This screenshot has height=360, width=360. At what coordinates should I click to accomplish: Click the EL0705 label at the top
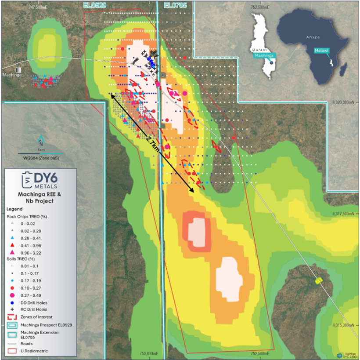pyautogui.click(x=175, y=5)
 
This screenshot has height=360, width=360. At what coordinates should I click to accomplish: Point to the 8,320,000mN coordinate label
pyautogui.click(x=342, y=102)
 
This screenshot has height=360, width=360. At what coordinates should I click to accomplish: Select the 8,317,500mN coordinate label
pyautogui.click(x=342, y=214)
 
